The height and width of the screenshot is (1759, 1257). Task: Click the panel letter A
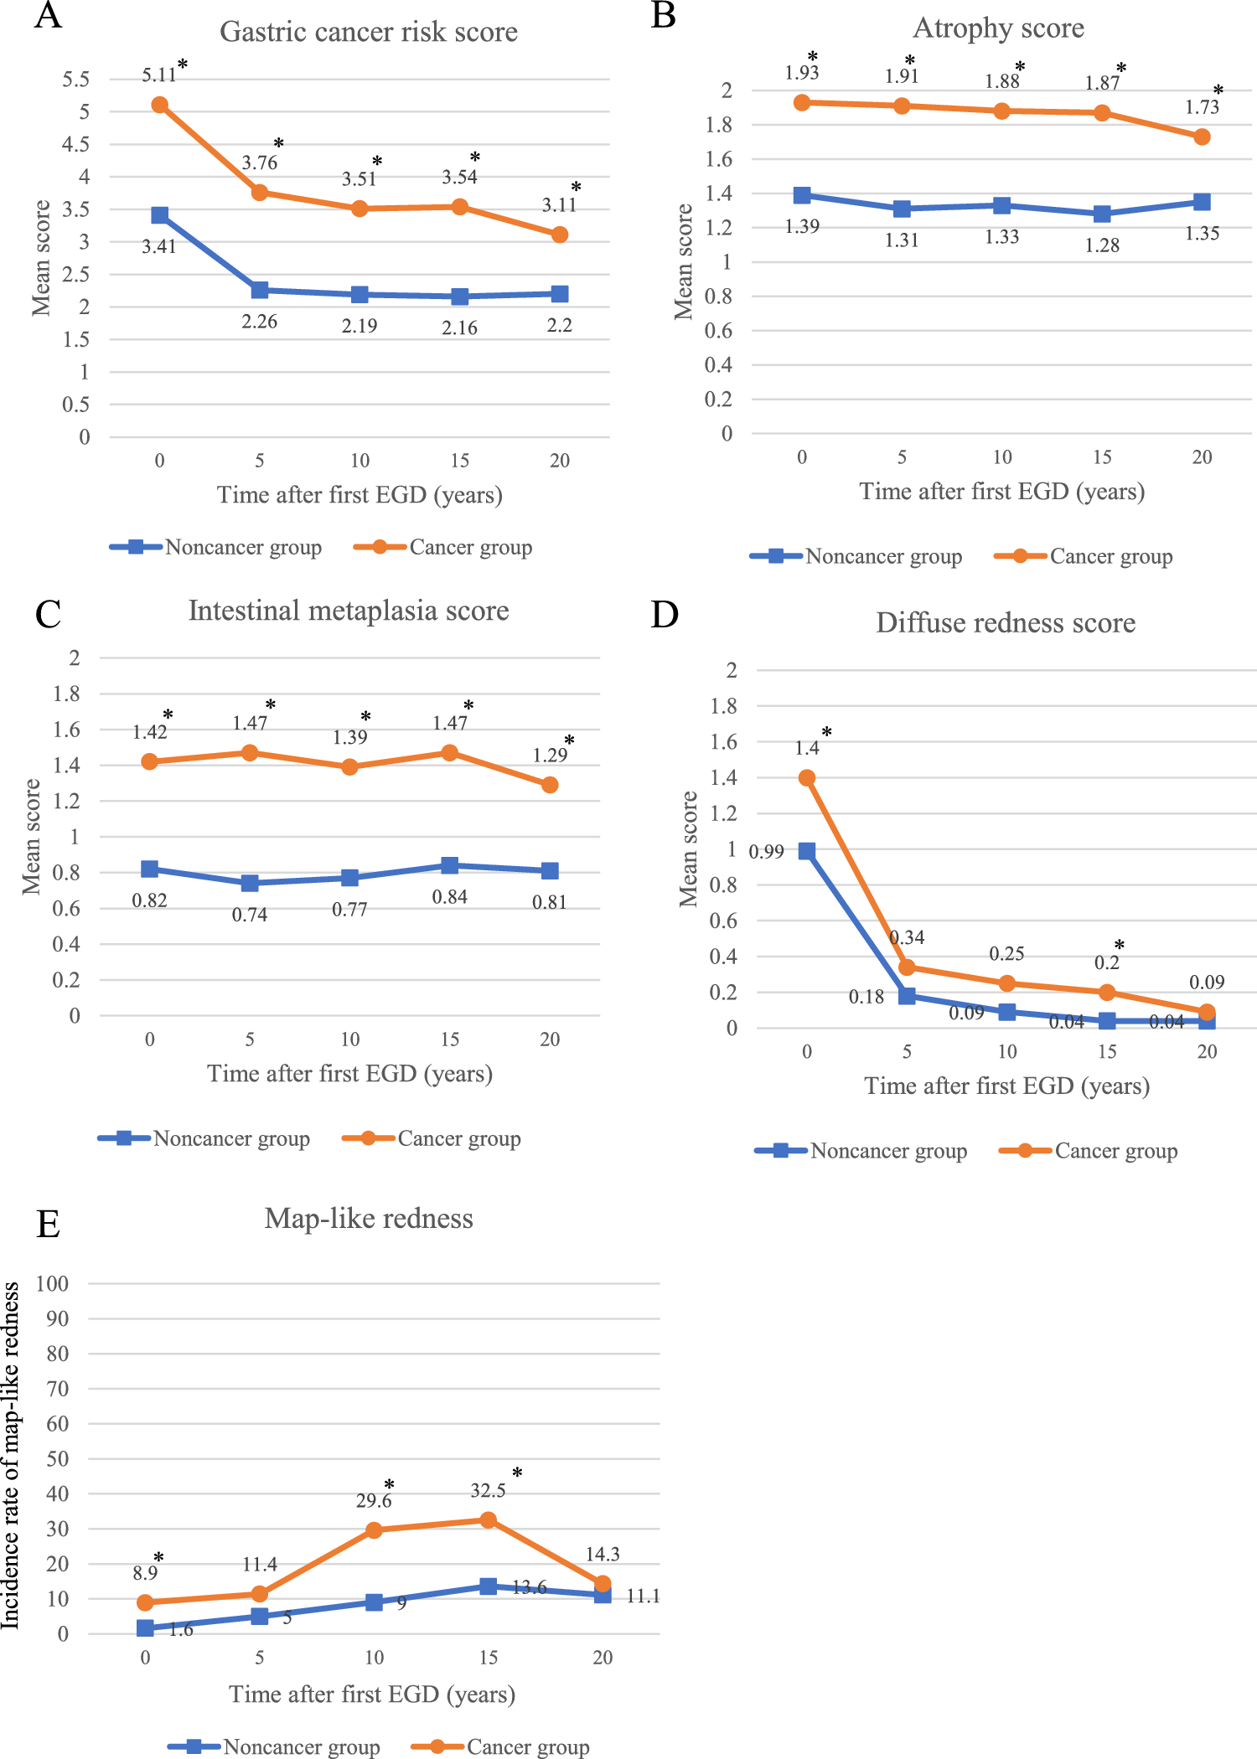coord(48,16)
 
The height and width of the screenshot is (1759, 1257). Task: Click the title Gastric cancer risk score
coord(369,32)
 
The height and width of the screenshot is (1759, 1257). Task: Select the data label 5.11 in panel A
coord(158,75)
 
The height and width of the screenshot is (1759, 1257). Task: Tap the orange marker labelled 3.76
coord(260,193)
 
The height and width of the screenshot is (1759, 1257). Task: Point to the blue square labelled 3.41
coord(159,215)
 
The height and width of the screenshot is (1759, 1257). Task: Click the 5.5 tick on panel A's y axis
coord(75,80)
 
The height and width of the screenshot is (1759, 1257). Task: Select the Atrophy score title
coord(998,28)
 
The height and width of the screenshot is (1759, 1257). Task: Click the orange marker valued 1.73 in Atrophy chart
coord(1202,137)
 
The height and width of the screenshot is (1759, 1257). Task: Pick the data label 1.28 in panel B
coord(1102,245)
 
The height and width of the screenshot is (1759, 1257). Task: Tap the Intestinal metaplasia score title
coord(349,611)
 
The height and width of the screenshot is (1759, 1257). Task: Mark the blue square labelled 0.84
coord(450,865)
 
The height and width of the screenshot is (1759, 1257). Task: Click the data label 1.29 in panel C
coord(550,756)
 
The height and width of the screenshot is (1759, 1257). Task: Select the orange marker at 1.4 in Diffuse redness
coord(807,778)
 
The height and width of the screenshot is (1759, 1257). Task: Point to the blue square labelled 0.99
coord(807,851)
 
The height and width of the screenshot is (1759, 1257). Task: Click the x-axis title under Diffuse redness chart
coord(1006,1086)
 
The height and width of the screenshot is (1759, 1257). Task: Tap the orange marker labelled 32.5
coord(489,1520)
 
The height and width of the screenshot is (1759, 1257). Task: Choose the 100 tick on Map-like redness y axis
coord(52,1284)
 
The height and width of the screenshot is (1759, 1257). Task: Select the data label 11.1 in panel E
coord(643,1597)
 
